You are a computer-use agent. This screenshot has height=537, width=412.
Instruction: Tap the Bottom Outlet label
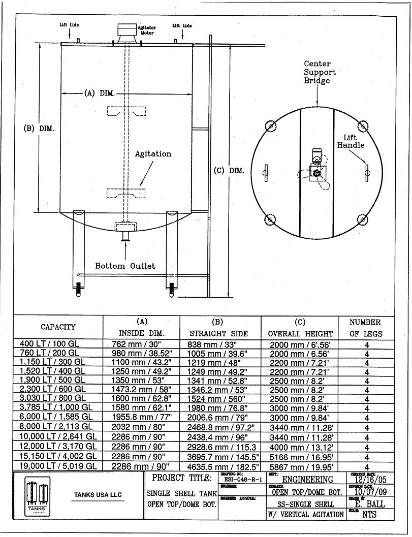[x=125, y=266]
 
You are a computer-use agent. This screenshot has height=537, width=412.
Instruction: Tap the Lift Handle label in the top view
[x=351, y=141]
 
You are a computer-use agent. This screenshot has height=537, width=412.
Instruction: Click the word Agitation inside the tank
[x=153, y=153]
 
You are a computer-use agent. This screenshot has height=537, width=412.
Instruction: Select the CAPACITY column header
[x=58, y=327]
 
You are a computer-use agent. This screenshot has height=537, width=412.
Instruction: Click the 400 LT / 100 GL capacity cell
[x=50, y=344]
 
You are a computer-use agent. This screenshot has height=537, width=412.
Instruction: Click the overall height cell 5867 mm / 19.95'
[x=300, y=466]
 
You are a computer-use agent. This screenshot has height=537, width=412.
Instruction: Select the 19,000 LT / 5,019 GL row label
[x=57, y=466]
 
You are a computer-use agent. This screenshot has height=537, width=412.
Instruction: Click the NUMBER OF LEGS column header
[x=366, y=328]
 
